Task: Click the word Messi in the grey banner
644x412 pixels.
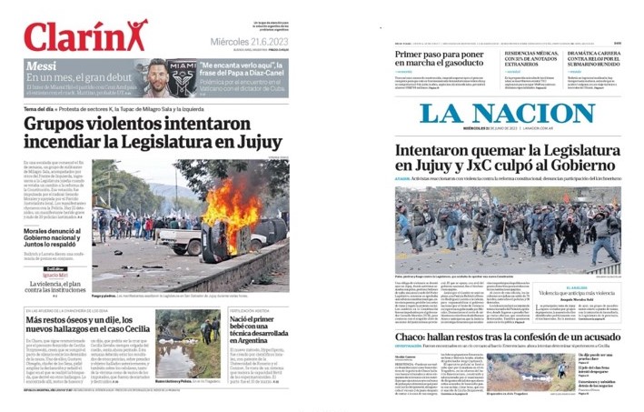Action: tap(43, 67)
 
